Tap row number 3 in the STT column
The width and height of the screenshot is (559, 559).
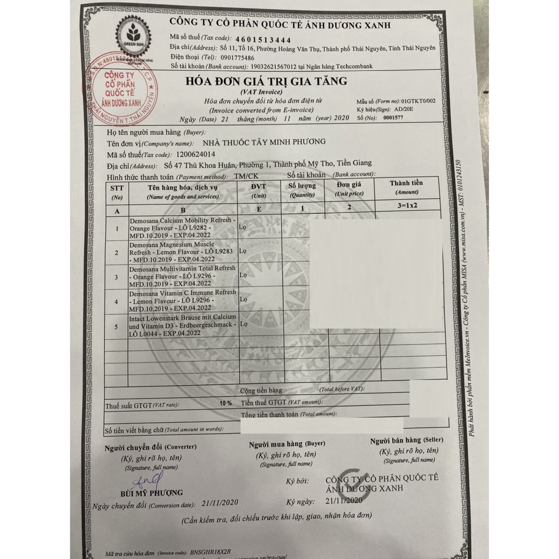[116, 277]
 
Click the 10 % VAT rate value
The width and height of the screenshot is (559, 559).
[225, 403]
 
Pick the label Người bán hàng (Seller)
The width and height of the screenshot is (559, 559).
[406, 440]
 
